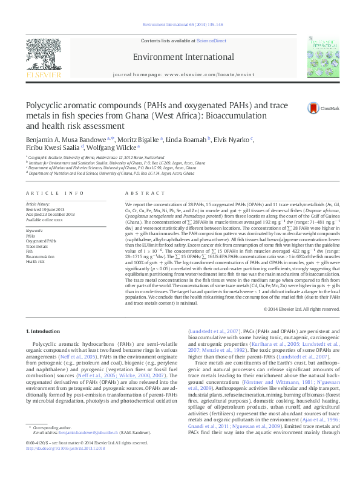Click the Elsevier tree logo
[x=44, y=57]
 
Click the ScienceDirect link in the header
[x=212, y=41]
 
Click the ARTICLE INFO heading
[x=54, y=193]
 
